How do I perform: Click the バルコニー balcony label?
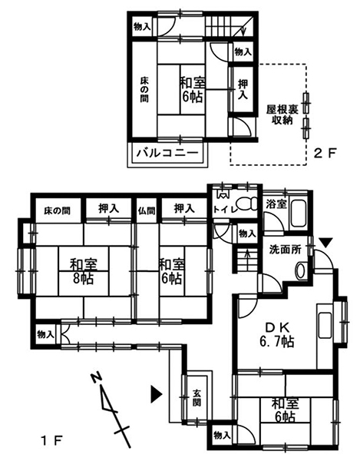click(x=167, y=153)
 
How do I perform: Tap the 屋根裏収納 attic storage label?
click(x=282, y=114)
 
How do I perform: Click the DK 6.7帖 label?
click(x=276, y=334)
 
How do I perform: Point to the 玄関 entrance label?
click(x=197, y=398)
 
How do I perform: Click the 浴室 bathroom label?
click(x=276, y=204)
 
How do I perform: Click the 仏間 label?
click(x=147, y=211)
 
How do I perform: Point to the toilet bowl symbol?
click(x=247, y=204)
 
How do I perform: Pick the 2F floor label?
click(x=324, y=153)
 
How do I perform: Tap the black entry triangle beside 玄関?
click(x=157, y=393)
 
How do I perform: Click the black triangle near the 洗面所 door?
click(x=325, y=243)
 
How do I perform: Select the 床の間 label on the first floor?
click(x=58, y=211)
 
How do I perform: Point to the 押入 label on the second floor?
click(x=243, y=90)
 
